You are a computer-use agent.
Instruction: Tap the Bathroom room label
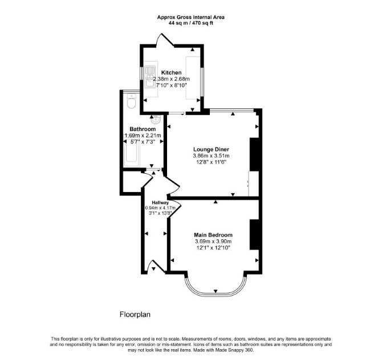[x=143, y=129]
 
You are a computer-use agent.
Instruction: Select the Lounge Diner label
[x=211, y=149]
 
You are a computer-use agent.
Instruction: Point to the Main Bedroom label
[x=213, y=235]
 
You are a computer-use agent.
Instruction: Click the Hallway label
[x=160, y=203]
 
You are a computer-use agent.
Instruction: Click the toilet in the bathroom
[x=132, y=101]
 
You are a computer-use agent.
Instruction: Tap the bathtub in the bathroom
[x=132, y=152]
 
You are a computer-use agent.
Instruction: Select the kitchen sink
[x=150, y=77]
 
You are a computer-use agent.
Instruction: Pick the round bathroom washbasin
[x=156, y=119]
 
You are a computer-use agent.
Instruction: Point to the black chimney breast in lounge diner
[x=254, y=154]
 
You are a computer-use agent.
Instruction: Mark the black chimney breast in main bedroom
[x=254, y=235]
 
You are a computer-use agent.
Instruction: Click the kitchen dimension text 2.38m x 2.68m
[x=172, y=79]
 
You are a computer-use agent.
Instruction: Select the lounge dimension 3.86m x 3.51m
[x=211, y=156]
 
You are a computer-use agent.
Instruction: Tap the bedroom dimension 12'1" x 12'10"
[x=213, y=248]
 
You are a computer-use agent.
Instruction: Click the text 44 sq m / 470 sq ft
[x=191, y=23]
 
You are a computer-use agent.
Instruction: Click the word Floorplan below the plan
[x=135, y=314]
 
